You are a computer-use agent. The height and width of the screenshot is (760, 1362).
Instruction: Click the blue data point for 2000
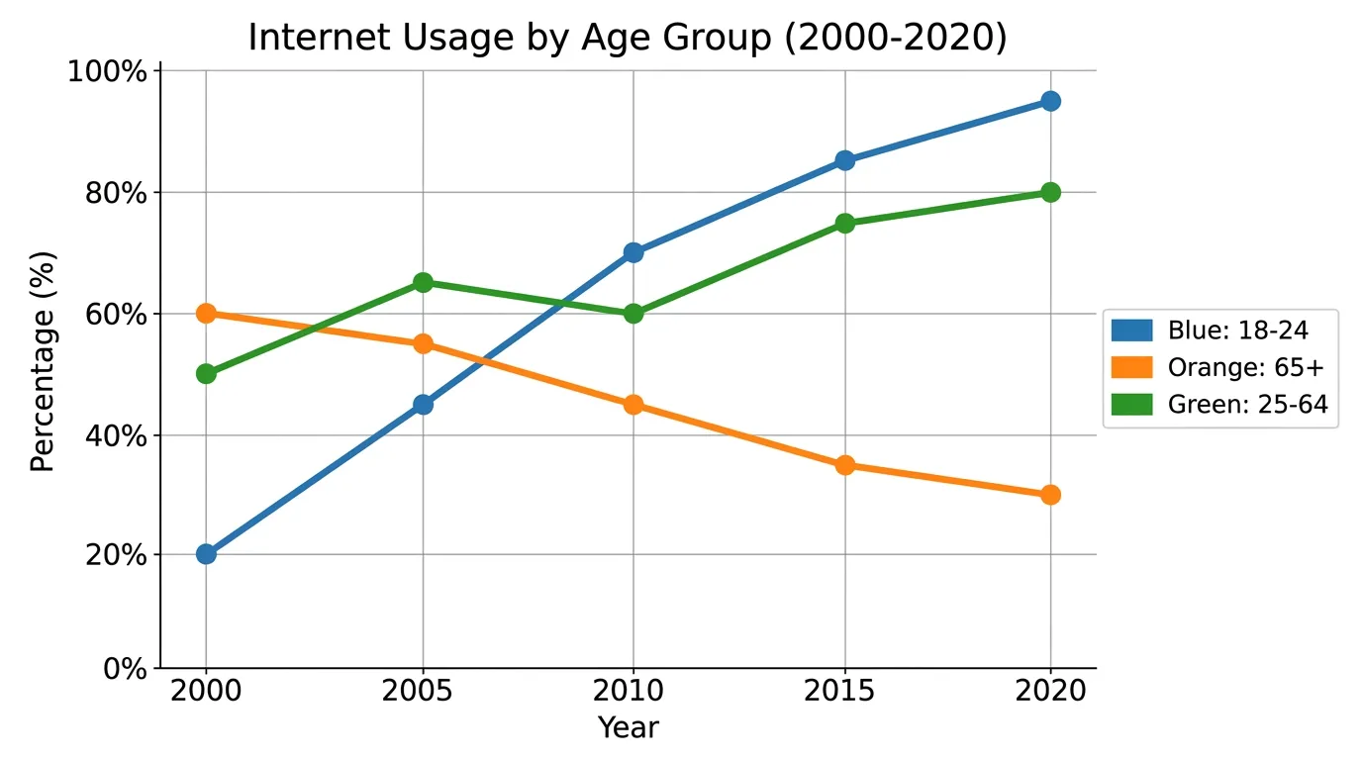coord(206,554)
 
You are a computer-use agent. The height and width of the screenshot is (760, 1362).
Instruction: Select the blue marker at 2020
coord(1050,101)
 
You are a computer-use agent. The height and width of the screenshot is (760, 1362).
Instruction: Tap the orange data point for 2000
coord(206,314)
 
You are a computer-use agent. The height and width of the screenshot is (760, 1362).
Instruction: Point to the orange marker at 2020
coord(1050,495)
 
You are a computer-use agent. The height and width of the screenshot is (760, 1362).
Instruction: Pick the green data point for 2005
coord(423,283)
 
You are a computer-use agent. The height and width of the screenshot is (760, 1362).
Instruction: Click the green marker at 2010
coord(633,314)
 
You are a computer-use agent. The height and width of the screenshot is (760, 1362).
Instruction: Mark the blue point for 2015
coord(844,161)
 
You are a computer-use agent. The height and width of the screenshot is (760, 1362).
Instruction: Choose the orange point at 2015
coord(844,466)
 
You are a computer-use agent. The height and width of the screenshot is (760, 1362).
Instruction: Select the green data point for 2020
coord(1050,193)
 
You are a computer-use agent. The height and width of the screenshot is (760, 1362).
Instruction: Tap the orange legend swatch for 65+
coord(1131,367)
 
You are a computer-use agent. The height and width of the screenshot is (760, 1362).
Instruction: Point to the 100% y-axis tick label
coord(108,71)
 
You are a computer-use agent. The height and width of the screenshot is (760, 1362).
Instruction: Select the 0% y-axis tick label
coord(125,669)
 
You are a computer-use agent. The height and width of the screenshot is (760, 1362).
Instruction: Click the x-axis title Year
coord(629,727)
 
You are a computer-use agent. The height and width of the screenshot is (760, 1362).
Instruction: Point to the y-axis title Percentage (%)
coord(43,362)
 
